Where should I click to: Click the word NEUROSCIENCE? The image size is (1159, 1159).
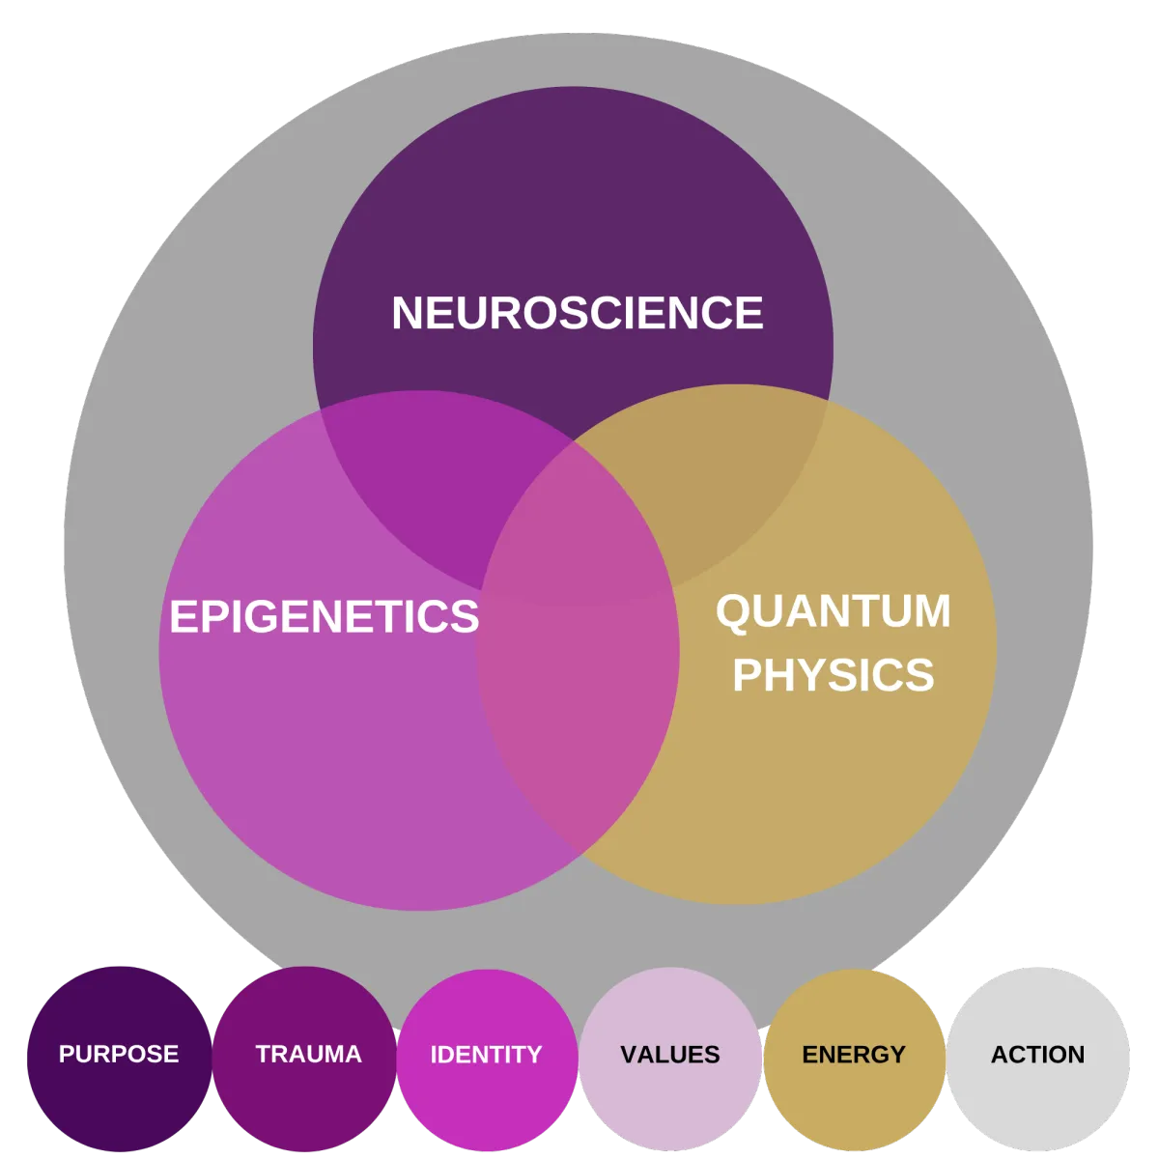577,313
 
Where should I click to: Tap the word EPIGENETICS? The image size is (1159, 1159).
324,616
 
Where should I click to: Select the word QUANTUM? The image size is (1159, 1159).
833,612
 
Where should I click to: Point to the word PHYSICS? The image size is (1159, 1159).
833,675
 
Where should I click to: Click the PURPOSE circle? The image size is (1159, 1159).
118,1091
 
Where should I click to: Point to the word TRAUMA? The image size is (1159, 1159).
308,1054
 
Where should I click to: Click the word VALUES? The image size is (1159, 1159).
670,1054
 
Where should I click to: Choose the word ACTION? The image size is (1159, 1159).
1037,1054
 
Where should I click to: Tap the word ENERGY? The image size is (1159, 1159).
854,1054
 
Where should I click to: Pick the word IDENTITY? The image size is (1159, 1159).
486,1054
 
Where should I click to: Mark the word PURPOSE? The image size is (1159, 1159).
119,1054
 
